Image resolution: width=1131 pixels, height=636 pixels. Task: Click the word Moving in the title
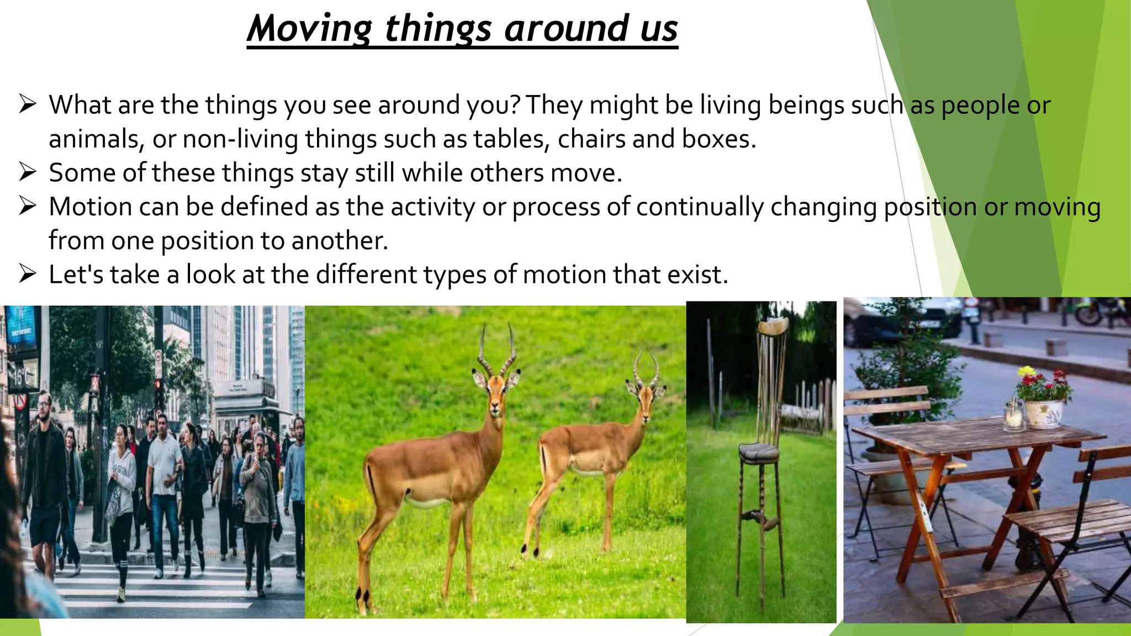[310, 29]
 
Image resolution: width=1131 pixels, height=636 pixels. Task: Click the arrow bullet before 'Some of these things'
[28, 172]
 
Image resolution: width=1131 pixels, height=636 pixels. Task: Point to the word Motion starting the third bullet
[89, 207]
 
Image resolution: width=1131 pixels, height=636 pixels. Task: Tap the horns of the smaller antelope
[646, 364]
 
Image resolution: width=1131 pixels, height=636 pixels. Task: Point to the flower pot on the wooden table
[1044, 412]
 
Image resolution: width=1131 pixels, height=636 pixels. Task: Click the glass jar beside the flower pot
[1014, 416]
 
